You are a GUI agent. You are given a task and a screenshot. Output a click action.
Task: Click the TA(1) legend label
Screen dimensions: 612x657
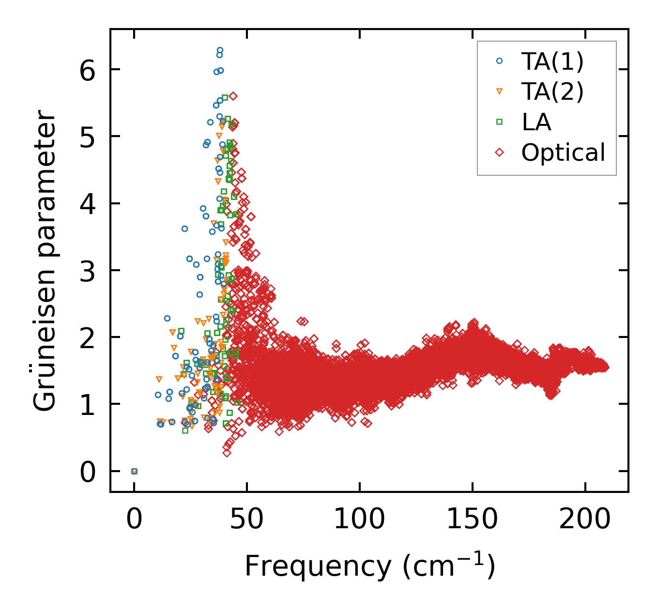pyautogui.click(x=552, y=61)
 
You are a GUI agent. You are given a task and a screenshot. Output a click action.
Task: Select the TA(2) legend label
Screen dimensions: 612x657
pyautogui.click(x=552, y=92)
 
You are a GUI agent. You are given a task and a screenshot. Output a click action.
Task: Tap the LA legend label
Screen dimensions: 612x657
pyautogui.click(x=536, y=122)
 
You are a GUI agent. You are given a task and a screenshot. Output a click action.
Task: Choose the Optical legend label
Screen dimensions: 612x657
pyautogui.click(x=563, y=153)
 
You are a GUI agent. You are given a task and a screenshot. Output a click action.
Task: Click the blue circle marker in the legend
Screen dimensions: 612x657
pyautogui.click(x=500, y=61)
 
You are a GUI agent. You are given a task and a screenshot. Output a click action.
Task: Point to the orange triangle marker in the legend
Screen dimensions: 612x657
pyautogui.click(x=500, y=92)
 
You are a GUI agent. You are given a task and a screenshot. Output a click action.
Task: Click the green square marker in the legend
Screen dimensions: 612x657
pyautogui.click(x=500, y=122)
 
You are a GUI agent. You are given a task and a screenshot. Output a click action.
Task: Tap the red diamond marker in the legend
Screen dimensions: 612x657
pyautogui.click(x=500, y=153)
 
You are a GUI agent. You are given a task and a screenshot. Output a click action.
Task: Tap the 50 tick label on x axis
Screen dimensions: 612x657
pyautogui.click(x=247, y=519)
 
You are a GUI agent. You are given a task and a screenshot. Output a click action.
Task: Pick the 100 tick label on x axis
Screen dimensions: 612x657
pyautogui.click(x=360, y=519)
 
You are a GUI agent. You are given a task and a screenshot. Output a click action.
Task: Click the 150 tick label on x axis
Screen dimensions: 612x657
pyautogui.click(x=472, y=519)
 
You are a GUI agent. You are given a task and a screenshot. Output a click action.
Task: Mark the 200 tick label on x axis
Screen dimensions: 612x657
pyautogui.click(x=585, y=519)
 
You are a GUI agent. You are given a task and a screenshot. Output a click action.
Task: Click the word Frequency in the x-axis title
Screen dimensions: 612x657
pyautogui.click(x=317, y=566)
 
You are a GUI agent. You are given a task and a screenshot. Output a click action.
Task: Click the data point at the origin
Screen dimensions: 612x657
pyautogui.click(x=134, y=471)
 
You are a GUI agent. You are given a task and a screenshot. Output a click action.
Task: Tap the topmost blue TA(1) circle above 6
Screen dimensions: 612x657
pyautogui.click(x=220, y=50)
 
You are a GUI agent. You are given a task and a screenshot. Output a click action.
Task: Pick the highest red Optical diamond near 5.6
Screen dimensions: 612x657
pyautogui.click(x=233, y=96)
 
